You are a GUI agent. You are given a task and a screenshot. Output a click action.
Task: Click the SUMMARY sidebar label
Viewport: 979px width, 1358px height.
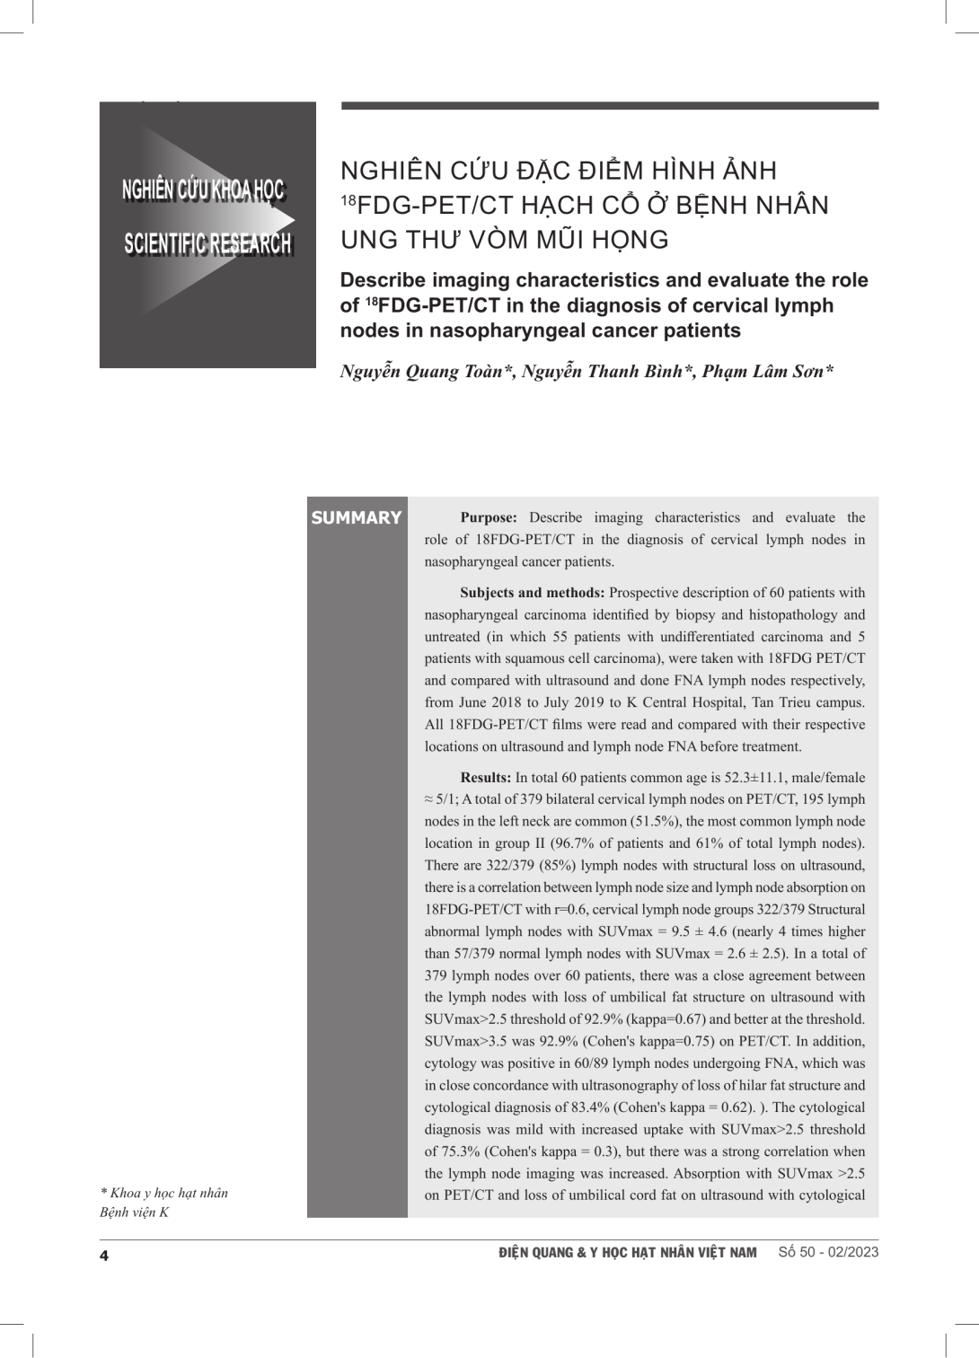click(x=356, y=517)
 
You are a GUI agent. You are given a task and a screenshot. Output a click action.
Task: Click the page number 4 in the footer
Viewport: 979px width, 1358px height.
click(x=104, y=1255)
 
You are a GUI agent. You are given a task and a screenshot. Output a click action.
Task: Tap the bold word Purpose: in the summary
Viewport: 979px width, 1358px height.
click(x=489, y=517)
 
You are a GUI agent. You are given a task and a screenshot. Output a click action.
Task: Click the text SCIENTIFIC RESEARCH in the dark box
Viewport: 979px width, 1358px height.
click(x=207, y=243)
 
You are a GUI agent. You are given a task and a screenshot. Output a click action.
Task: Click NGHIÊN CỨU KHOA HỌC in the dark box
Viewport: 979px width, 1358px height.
click(x=204, y=190)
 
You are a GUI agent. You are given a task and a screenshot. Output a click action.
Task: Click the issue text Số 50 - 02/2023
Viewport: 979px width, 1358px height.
click(x=828, y=1252)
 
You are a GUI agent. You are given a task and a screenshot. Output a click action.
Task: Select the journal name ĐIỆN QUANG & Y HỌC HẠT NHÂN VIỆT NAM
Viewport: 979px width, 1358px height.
click(x=627, y=1252)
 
